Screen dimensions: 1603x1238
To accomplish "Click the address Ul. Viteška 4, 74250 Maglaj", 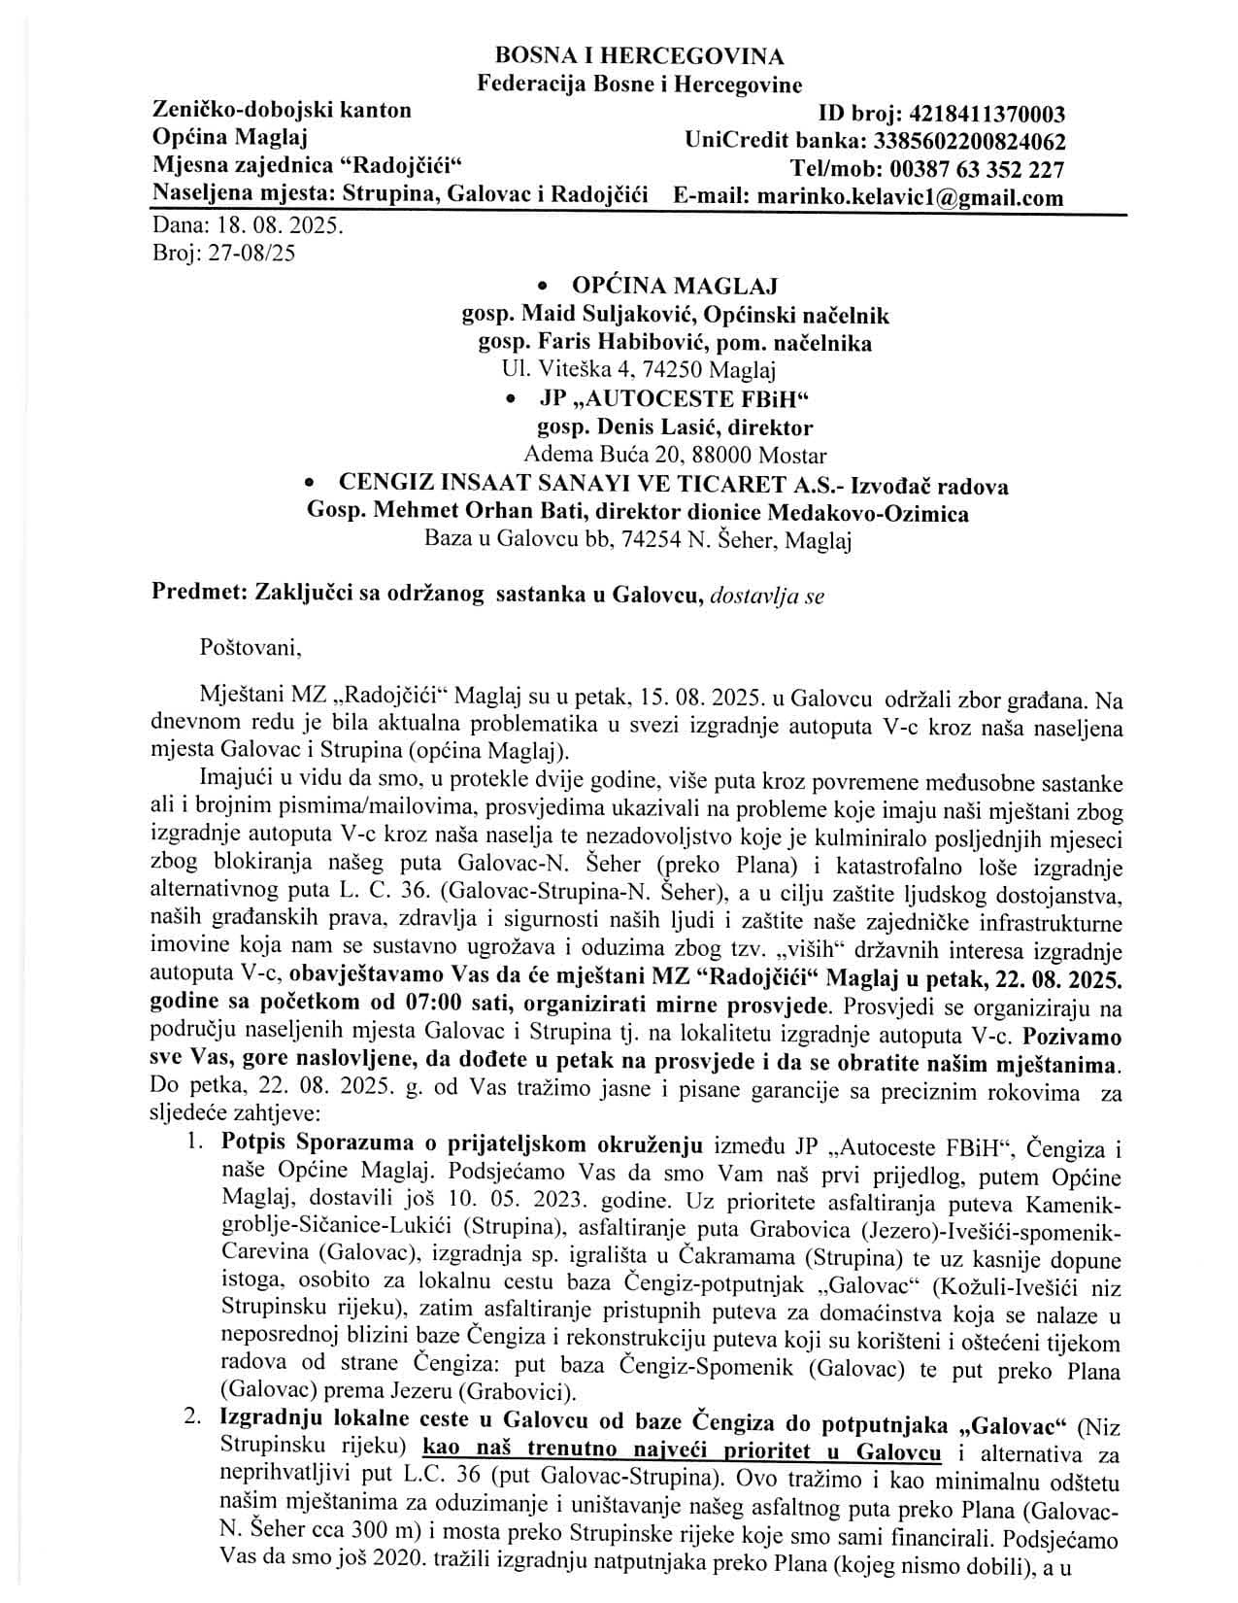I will click(x=638, y=370).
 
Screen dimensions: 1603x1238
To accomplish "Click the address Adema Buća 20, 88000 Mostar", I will click(x=675, y=455).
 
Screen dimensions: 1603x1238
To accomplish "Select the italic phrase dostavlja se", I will click(x=767, y=597).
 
